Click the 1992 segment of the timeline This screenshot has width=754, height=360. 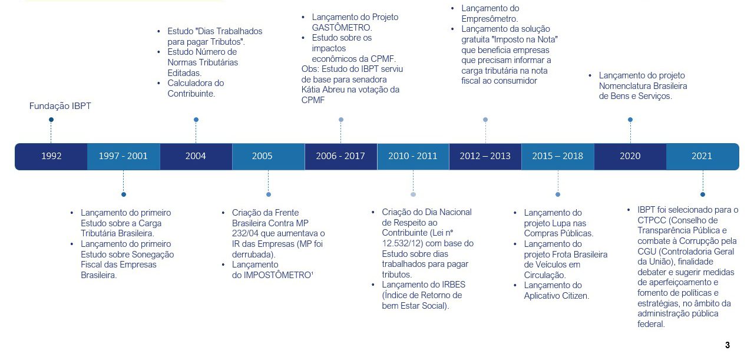click(x=51, y=156)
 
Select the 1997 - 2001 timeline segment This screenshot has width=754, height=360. click(x=124, y=156)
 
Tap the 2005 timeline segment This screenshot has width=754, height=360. click(x=268, y=156)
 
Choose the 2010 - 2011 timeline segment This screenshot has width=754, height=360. click(x=413, y=156)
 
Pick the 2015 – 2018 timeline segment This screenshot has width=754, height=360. click(x=558, y=156)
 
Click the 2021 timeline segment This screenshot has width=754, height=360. click(x=703, y=156)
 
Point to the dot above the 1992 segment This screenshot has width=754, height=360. click(x=51, y=120)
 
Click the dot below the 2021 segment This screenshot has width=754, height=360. click(x=703, y=194)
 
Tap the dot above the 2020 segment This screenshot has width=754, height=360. click(x=630, y=120)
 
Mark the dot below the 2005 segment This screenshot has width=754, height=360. click(x=268, y=194)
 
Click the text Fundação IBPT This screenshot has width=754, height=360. click(x=60, y=106)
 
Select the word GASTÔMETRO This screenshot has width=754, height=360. click(x=342, y=27)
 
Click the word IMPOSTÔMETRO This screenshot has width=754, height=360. click(x=277, y=275)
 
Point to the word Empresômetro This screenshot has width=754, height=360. click(x=490, y=19)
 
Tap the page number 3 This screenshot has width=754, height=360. click(x=727, y=345)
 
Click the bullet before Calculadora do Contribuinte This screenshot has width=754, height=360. click(x=159, y=83)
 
